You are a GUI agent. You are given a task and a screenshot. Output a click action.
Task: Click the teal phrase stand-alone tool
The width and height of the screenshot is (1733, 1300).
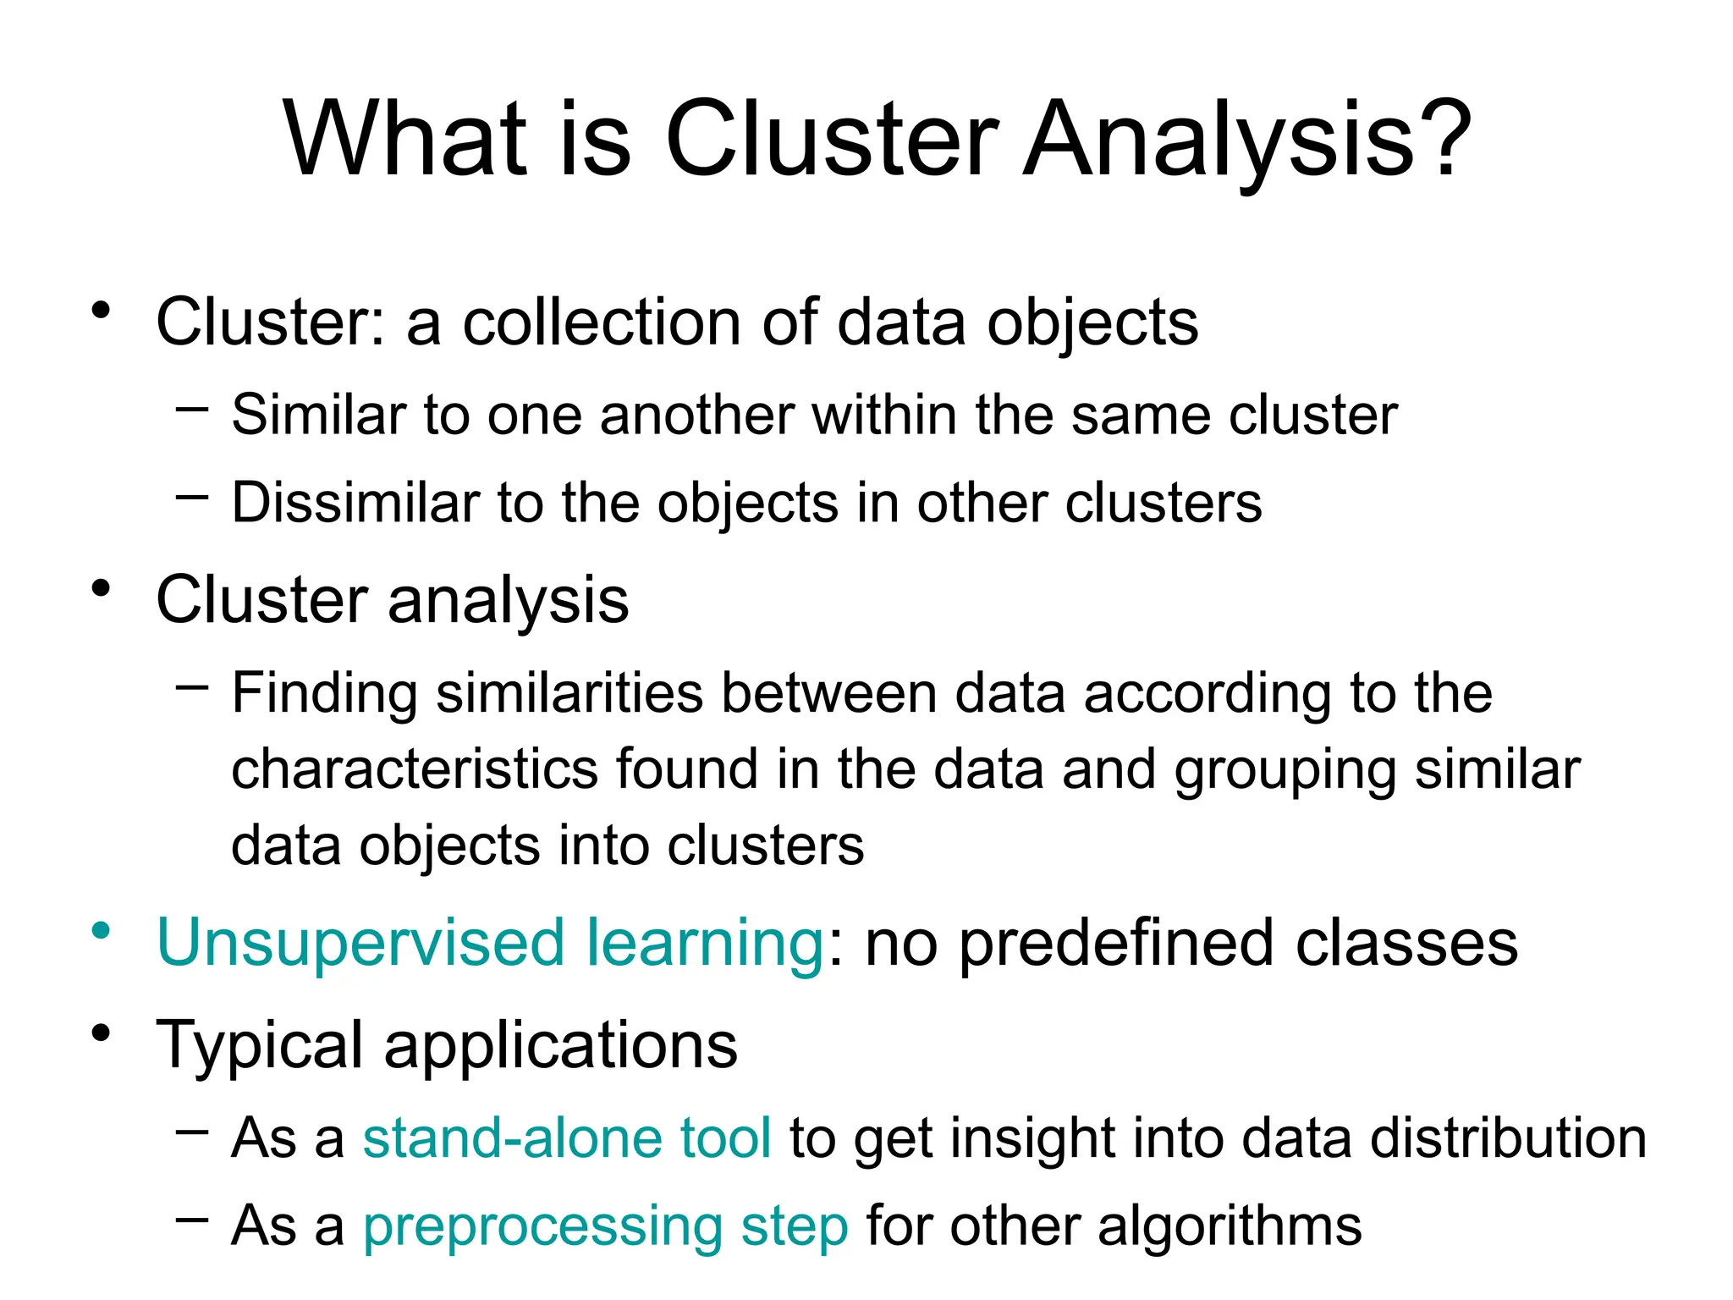tap(567, 1137)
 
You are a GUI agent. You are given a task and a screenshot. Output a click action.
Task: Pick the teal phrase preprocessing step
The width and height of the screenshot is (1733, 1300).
tap(606, 1226)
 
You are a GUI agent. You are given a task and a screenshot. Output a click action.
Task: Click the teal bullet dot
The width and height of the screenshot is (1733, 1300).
tap(102, 931)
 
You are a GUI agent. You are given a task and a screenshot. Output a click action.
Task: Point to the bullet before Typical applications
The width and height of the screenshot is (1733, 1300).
tap(102, 1033)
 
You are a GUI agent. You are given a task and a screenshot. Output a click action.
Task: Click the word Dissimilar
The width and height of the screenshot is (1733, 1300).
tap(356, 503)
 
